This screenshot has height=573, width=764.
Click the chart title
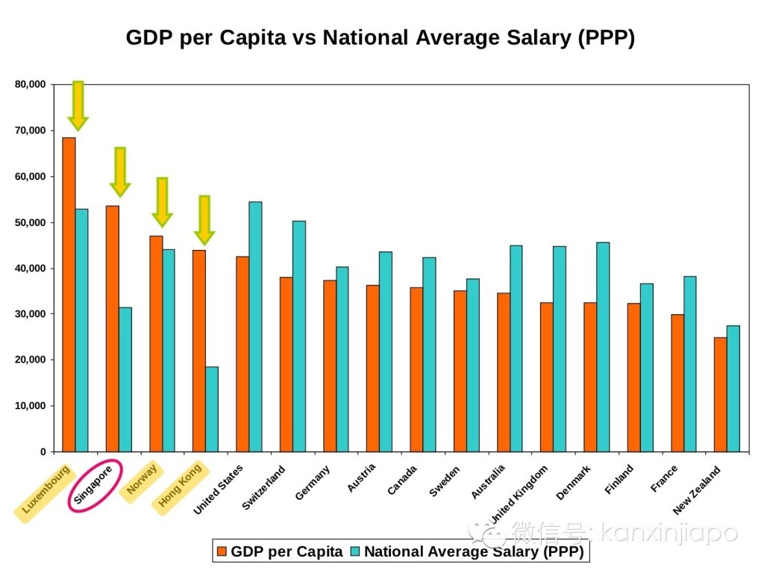[380, 39]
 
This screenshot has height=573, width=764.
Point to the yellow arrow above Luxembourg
[78, 105]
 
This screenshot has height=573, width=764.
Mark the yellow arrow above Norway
[162, 201]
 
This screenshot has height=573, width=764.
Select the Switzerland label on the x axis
[263, 489]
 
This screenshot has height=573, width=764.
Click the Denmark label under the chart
[574, 483]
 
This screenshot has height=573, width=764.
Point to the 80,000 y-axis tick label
[31, 84]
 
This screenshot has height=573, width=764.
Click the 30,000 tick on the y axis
[31, 314]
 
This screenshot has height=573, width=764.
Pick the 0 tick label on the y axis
[42, 452]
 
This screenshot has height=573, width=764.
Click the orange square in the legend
[222, 552]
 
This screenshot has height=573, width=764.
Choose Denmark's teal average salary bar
[603, 347]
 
